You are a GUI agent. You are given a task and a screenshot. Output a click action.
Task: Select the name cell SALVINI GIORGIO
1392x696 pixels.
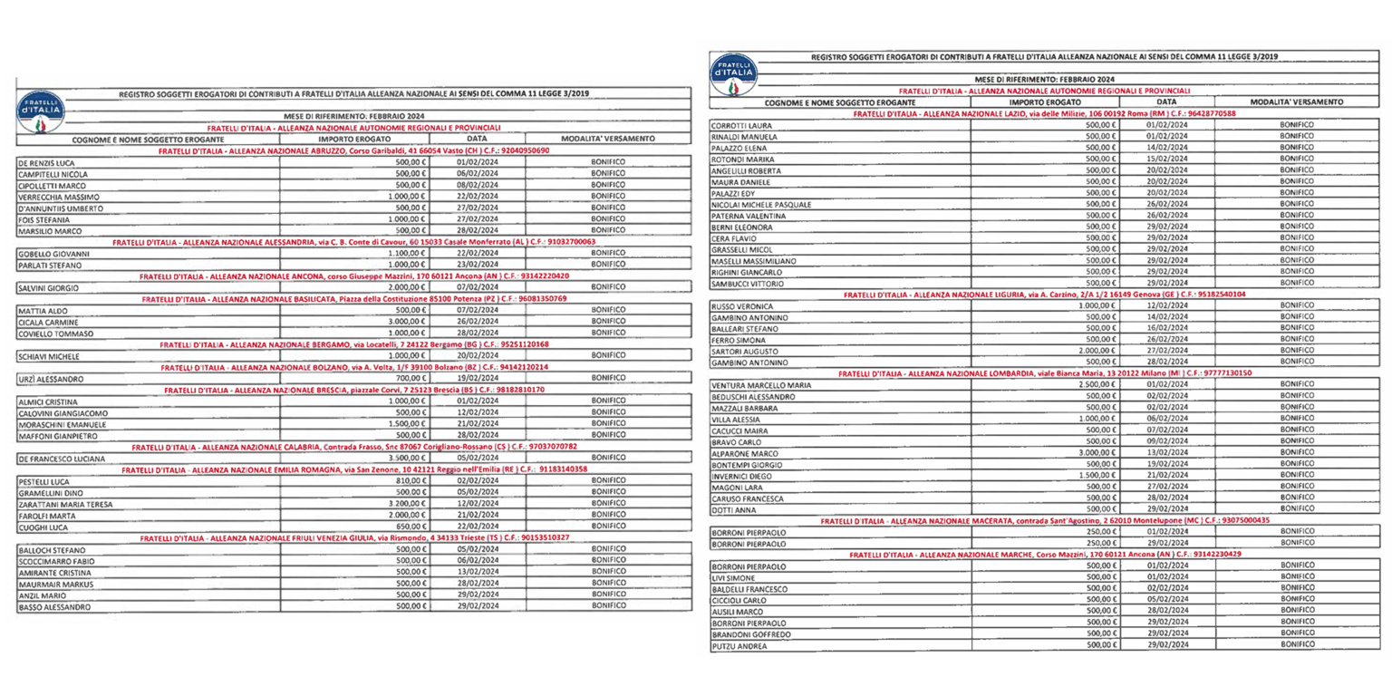pyautogui.click(x=49, y=287)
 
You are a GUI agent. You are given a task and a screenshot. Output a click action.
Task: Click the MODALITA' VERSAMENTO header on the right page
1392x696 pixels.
pyautogui.click(x=1296, y=101)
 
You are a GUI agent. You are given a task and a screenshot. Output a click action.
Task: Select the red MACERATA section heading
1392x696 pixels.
pyautogui.click(x=1045, y=521)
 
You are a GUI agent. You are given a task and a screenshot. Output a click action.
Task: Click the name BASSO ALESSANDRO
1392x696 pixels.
pyautogui.click(x=55, y=607)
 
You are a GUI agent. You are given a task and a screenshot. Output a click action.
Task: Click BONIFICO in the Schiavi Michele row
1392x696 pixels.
pyautogui.click(x=608, y=356)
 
